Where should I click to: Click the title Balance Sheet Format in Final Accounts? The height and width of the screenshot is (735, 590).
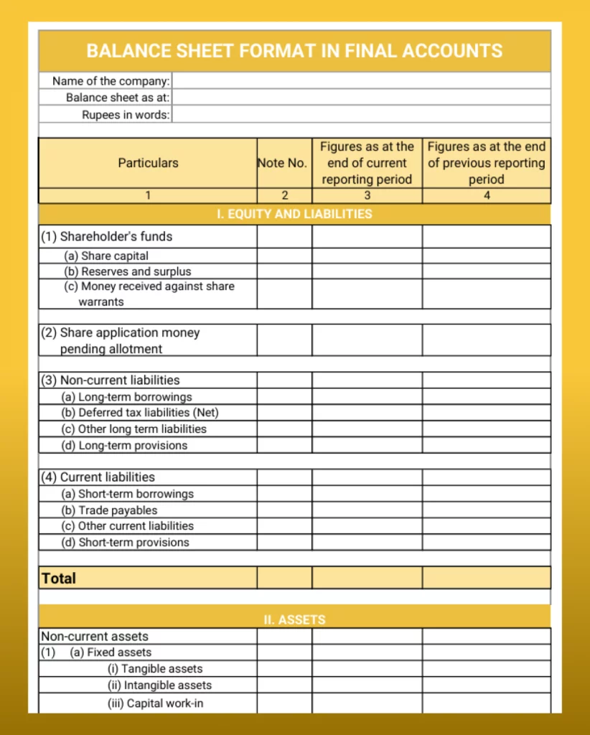pos(294,51)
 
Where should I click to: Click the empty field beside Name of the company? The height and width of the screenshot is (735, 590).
pos(361,81)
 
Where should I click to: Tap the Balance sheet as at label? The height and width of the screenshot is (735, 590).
pos(118,98)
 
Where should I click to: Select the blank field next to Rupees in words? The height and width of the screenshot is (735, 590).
pos(361,115)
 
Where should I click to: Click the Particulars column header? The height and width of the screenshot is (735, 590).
pos(148,163)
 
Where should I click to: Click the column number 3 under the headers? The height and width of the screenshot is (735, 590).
pos(367,195)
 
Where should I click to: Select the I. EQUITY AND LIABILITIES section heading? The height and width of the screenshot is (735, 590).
pos(294,214)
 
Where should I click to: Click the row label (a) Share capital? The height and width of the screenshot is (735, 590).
pos(106,256)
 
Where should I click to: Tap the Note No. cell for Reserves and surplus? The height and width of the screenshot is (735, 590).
pos(284,271)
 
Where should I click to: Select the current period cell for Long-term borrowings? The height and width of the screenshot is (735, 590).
pos(367,397)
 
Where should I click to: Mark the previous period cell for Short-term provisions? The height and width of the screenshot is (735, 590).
pos(486,543)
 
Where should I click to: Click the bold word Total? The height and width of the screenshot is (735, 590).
pos(59,579)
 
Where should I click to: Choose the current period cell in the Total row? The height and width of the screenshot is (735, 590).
pos(367,578)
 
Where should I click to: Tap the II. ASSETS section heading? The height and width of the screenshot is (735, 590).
pos(294,619)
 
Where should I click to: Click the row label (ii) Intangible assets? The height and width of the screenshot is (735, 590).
pos(159,685)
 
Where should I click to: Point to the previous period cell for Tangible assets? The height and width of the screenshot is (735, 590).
pos(486,669)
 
